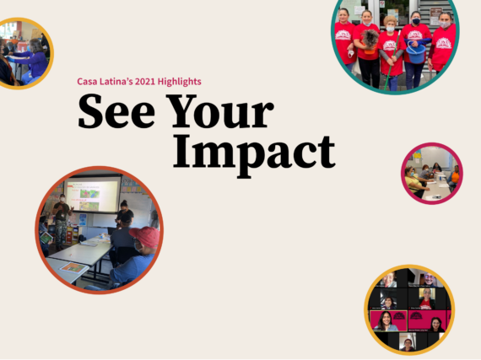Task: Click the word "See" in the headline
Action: point(116,111)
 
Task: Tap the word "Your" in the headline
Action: point(219,111)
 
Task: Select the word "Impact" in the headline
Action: point(254,154)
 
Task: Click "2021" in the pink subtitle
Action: point(145,82)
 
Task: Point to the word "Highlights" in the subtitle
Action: point(180,82)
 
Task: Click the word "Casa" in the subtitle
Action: point(87,82)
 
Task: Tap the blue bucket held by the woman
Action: point(416,53)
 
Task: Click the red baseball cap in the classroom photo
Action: point(145,236)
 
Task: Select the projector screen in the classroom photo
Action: point(92,195)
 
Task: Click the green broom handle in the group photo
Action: point(392,60)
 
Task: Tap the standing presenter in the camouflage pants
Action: point(62,221)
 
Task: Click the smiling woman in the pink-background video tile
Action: point(386,320)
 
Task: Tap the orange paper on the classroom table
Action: point(73,267)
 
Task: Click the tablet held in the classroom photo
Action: point(46,238)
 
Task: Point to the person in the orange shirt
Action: point(454,176)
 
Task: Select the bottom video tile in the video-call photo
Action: point(408,341)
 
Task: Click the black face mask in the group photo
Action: point(416,21)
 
